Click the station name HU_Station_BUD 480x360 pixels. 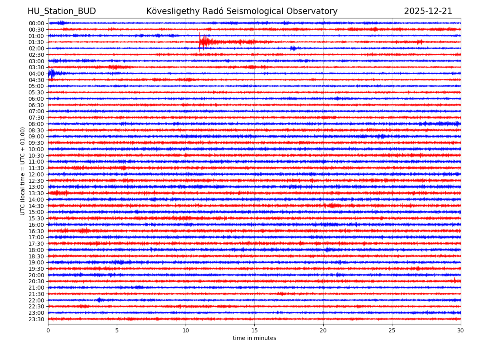pyautogui.click(x=62, y=11)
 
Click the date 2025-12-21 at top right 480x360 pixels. pyautogui.click(x=428, y=11)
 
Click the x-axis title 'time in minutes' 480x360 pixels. pyautogui.click(x=254, y=338)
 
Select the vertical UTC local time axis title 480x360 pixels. pyautogui.click(x=23, y=171)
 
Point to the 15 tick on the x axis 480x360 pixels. pyautogui.click(x=254, y=330)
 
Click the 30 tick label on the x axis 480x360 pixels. pyautogui.click(x=461, y=330)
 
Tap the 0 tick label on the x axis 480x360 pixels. pyautogui.click(x=48, y=330)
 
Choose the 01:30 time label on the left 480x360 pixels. pyautogui.click(x=36, y=42)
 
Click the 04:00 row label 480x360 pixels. pyautogui.click(x=36, y=74)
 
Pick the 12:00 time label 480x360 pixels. pyautogui.click(x=36, y=174)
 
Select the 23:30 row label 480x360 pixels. pyautogui.click(x=36, y=319)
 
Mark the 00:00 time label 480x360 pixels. pyautogui.click(x=36, y=23)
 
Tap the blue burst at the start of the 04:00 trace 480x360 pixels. pyautogui.click(x=51, y=73)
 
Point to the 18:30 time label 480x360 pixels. pyautogui.click(x=36, y=256)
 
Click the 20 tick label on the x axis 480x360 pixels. pyautogui.click(x=323, y=330)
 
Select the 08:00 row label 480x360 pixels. pyautogui.click(x=36, y=124)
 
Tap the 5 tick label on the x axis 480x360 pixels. pyautogui.click(x=117, y=330)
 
